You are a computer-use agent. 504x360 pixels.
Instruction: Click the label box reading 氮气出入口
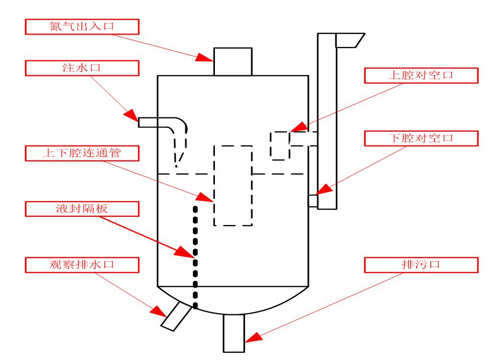coord(82,27)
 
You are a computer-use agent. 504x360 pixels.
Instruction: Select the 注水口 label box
coord(82,68)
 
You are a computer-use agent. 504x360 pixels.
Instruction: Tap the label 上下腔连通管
coord(82,154)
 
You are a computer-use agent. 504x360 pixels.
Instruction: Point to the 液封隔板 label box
coord(82,208)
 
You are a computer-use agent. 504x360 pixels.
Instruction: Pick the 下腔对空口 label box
coord(421,138)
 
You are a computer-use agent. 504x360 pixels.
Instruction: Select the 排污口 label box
coord(421,264)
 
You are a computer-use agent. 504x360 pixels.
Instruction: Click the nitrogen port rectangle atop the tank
coord(233,61)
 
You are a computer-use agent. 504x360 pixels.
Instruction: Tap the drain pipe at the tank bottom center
coord(234,332)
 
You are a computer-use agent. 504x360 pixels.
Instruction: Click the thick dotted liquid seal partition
coord(195,254)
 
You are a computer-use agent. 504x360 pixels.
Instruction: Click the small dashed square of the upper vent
coord(280,146)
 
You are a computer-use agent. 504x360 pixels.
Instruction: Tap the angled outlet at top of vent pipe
coord(349,40)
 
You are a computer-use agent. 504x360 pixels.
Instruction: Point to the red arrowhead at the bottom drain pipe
coord(253,337)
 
